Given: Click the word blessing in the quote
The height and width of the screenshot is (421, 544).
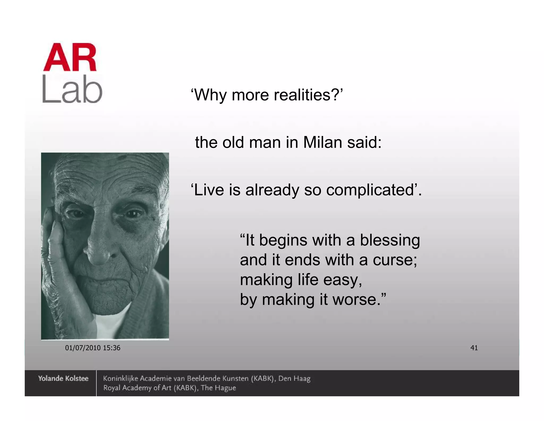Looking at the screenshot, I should tap(390, 240).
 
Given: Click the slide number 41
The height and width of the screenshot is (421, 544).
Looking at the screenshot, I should tap(474, 348).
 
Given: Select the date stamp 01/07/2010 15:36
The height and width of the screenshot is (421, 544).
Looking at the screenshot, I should tap(93, 348).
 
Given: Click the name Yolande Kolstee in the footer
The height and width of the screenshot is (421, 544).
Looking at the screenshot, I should tap(63, 378).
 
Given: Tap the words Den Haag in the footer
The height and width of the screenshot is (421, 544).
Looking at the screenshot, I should tap(294, 378).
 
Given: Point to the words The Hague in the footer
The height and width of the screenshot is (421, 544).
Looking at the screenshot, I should tap(218, 388).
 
